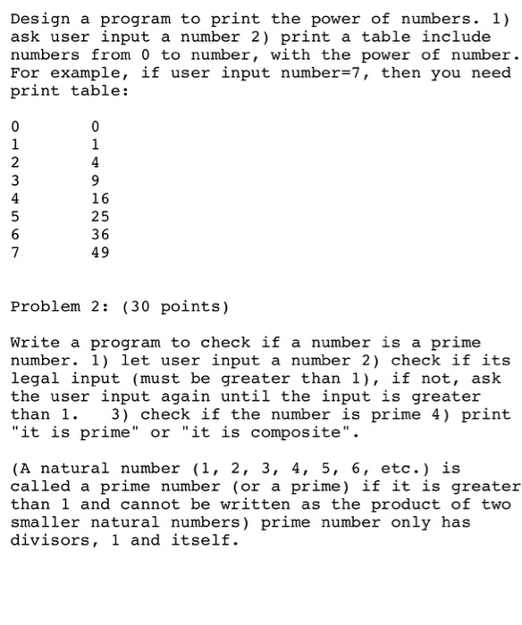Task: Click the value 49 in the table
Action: pyautogui.click(x=101, y=253)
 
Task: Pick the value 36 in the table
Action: pyautogui.click(x=101, y=235)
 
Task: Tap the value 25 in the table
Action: pyautogui.click(x=101, y=217)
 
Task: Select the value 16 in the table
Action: pyautogui.click(x=101, y=199)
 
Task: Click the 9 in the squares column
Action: pyautogui.click(x=96, y=181)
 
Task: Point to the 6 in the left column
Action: pyautogui.click(x=15, y=235)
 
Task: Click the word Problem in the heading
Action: pyautogui.click(x=46, y=307)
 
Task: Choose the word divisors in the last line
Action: pyautogui.click(x=51, y=540)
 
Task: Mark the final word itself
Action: pyautogui.click(x=206, y=540)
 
